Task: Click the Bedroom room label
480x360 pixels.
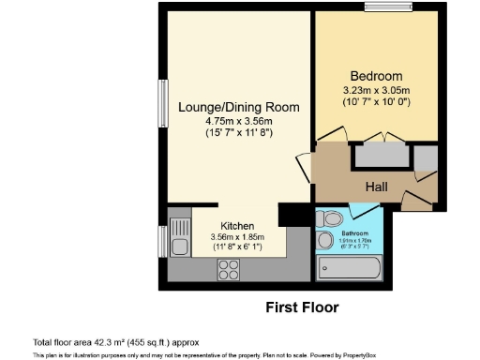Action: coord(376,76)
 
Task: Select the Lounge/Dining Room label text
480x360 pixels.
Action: coord(239,107)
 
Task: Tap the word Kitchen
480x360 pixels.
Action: coord(237,226)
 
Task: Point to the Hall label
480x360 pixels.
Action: coord(377,187)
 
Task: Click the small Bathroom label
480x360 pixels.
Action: coord(354,232)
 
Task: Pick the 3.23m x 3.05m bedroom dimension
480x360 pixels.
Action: coord(376,90)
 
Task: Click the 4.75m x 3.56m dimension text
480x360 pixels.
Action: coord(239,121)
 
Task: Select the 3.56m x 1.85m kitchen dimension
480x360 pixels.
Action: coord(237,238)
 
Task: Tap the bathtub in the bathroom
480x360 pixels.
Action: coord(349,269)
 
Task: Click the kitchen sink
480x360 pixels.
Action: coord(176,241)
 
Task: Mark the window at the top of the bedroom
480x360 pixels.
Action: coord(379,8)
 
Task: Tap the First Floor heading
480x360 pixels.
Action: coord(302,307)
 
